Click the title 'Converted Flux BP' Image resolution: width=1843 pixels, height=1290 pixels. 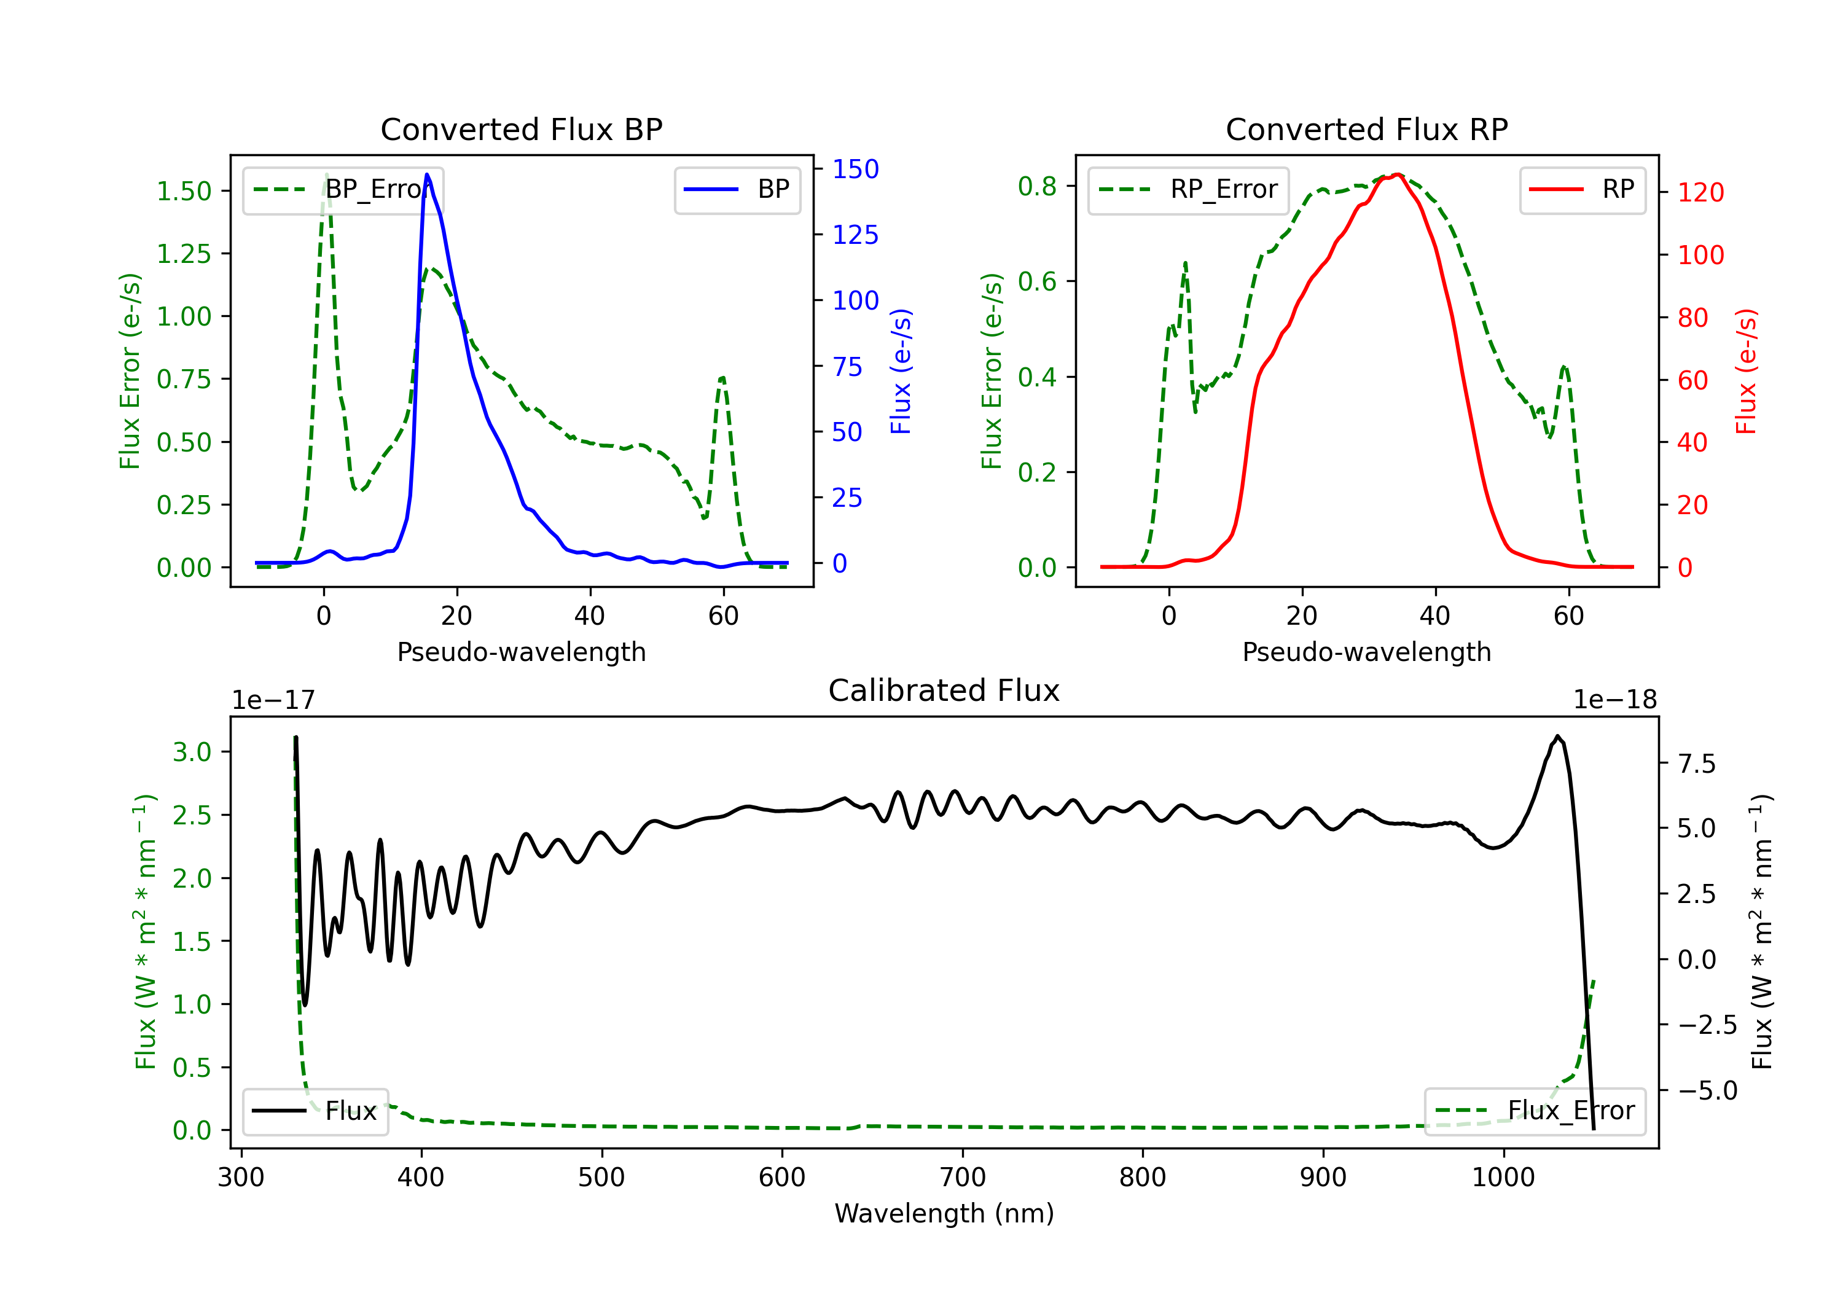pos(521,129)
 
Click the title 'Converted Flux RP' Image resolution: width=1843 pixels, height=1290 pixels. pos(1366,129)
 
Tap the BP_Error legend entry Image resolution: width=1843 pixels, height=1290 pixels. pos(343,189)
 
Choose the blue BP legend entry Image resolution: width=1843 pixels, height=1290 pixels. pos(737,189)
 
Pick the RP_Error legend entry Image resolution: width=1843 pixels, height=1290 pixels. pos(1188,189)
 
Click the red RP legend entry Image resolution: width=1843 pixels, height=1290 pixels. pos(1582,189)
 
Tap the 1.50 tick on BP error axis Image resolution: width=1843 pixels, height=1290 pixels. pos(184,191)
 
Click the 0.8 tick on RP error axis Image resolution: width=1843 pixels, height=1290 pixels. pos(1037,186)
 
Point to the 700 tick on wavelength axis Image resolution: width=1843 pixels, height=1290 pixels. pos(961,1178)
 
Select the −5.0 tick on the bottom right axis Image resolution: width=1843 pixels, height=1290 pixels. pos(1707,1090)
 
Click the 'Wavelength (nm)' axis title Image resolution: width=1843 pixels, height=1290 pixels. pos(944,1213)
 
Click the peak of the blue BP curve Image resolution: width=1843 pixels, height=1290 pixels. pos(427,174)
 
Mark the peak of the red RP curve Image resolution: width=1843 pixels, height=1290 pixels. pos(1398,174)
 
